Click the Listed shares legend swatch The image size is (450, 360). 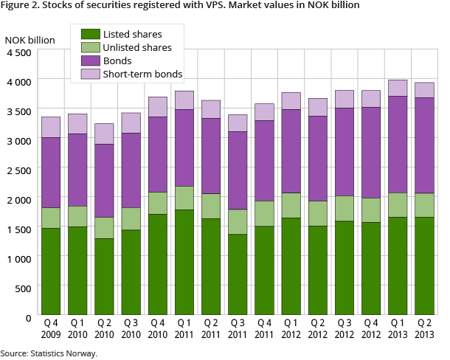coord(91,34)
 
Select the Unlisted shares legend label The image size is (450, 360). coord(137,47)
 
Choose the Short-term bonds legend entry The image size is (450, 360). coord(142,73)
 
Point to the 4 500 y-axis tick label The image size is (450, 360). coord(19,52)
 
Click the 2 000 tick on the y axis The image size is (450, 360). coord(19,199)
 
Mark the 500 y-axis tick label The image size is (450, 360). coord(24,288)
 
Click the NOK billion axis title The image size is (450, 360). coord(30,39)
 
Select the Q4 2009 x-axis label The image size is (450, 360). coord(50,330)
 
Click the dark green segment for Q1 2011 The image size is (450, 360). coord(183,263)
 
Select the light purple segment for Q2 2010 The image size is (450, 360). coord(103,134)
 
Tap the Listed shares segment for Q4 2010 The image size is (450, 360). coord(156,266)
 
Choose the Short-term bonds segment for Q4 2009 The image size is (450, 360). coord(50,127)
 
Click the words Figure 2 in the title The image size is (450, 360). coord(21,6)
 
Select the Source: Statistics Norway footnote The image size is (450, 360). coord(49,353)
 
